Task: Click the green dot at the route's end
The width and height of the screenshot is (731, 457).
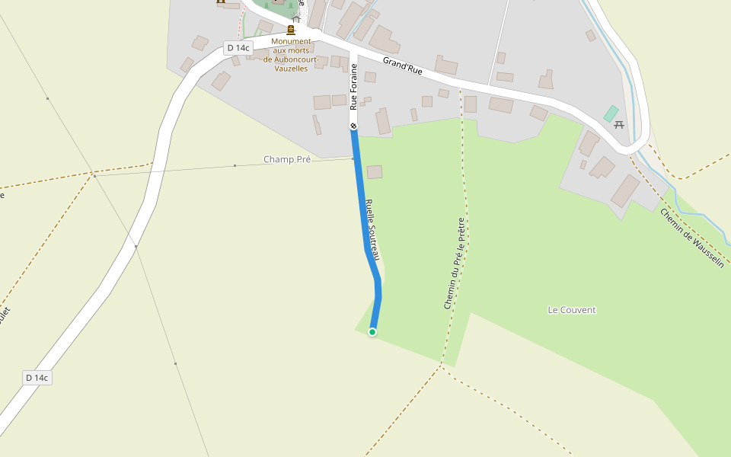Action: (x=372, y=331)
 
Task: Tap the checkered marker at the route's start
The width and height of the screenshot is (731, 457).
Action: (x=353, y=125)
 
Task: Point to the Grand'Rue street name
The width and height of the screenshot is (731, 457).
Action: (x=402, y=66)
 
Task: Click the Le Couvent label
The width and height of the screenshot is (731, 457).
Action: (x=572, y=310)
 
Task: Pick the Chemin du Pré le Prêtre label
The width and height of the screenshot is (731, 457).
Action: (x=454, y=263)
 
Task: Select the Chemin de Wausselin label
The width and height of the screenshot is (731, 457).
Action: (x=691, y=238)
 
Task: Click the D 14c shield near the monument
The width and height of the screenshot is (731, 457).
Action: (x=238, y=48)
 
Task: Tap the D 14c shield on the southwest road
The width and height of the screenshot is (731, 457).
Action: (x=37, y=378)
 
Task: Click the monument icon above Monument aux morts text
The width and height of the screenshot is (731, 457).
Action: (x=291, y=30)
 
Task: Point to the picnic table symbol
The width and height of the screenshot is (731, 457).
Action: (x=619, y=124)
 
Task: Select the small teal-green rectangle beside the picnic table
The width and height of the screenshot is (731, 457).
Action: (x=611, y=113)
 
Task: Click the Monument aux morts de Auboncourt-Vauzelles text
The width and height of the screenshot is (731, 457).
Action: (x=291, y=55)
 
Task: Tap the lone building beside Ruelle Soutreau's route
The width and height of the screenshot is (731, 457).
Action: (x=375, y=172)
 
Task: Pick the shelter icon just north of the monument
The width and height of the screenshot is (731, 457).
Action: (x=296, y=18)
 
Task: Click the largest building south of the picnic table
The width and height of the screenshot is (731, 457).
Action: (x=625, y=191)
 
